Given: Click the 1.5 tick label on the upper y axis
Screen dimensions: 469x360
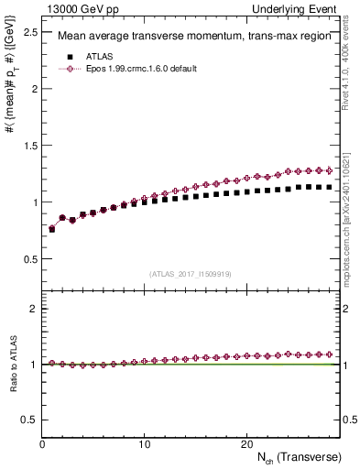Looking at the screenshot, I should (x=30, y=146).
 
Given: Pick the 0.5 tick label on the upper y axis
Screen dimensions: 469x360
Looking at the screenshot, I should (x=30, y=259).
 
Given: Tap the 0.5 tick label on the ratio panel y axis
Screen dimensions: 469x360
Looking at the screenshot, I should (x=30, y=420).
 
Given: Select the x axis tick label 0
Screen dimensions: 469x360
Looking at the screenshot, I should (x=42, y=444).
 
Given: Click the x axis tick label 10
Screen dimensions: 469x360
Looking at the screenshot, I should (x=144, y=444).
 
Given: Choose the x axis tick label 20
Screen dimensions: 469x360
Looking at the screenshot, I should (x=245, y=444).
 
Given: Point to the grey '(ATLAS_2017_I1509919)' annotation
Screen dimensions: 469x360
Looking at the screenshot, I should (x=190, y=273).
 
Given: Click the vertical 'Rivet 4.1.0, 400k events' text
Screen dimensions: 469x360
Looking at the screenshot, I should (x=351, y=60).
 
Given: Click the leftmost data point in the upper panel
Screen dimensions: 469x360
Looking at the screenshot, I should (x=52, y=229).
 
